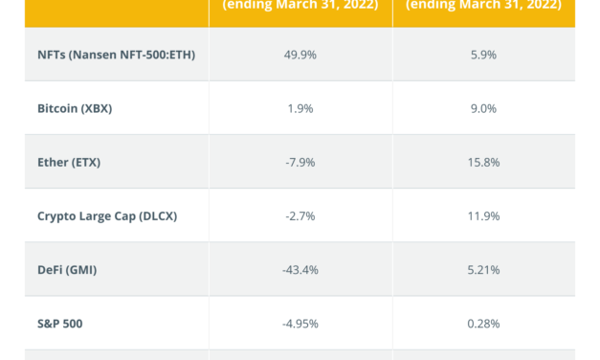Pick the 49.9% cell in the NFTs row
[300, 55]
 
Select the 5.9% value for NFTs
[484, 55]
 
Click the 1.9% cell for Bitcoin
[300, 108]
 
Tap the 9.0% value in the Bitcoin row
[484, 108]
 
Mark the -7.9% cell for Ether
[300, 162]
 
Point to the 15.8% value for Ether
[484, 162]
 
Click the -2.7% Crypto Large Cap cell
[300, 215]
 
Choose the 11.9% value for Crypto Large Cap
[484, 215]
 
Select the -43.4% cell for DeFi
[300, 269]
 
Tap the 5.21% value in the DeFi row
[484, 269]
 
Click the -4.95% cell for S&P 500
[300, 323]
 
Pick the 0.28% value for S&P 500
[484, 323]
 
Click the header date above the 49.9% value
[300, 5]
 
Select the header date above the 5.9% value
[484, 5]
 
